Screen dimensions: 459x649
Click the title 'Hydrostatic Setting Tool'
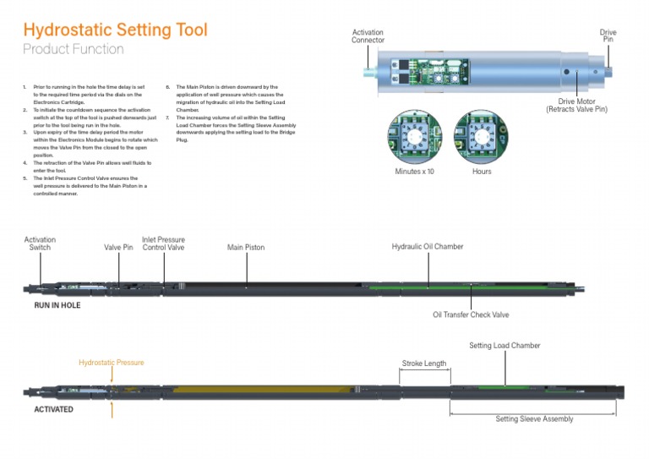click(x=115, y=30)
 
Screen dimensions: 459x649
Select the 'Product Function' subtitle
click(x=73, y=50)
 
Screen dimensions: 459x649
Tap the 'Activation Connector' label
click(x=368, y=36)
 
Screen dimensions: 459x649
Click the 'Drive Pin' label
click(x=608, y=36)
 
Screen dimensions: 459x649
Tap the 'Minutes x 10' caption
click(x=415, y=172)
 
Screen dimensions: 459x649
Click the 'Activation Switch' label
click(x=40, y=243)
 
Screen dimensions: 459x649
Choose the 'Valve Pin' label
click(x=118, y=248)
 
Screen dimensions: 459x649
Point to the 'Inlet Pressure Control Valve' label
click(x=163, y=243)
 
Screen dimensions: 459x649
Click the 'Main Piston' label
click(x=246, y=248)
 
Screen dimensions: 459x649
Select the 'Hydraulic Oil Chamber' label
click(x=428, y=247)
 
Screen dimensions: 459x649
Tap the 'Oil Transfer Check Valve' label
click(x=471, y=314)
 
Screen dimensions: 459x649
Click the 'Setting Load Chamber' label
click(x=504, y=346)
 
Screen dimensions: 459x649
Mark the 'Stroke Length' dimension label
click(x=423, y=363)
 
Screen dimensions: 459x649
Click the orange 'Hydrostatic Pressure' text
click(x=112, y=363)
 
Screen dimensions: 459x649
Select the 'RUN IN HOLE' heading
click(x=57, y=305)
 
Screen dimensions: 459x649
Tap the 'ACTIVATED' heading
click(x=53, y=409)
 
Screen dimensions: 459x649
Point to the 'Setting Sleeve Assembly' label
click(x=534, y=419)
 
